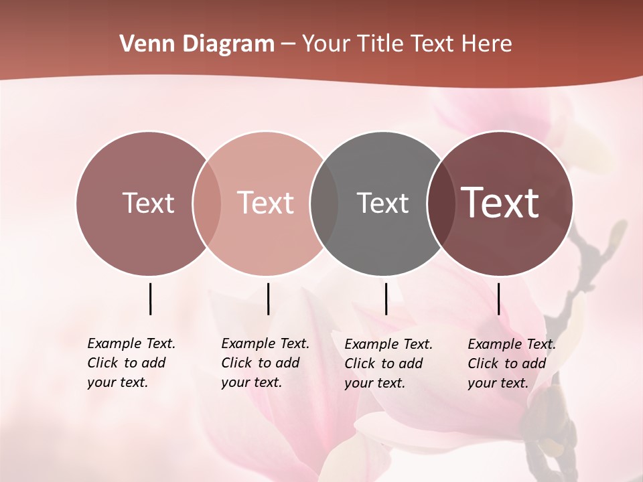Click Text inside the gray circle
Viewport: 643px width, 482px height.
pyautogui.click(x=382, y=203)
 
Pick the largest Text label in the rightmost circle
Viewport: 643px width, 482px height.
pyautogui.click(x=500, y=203)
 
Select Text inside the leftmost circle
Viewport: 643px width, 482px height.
pyautogui.click(x=148, y=203)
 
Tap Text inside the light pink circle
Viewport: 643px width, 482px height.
pyautogui.click(x=266, y=203)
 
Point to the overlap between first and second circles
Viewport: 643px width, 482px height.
pyautogui.click(x=206, y=203)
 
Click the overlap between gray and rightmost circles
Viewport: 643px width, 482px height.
pyautogui.click(x=440, y=203)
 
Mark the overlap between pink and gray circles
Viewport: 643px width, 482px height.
pyautogui.click(x=324, y=203)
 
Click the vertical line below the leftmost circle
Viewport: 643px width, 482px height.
pyautogui.click(x=150, y=299)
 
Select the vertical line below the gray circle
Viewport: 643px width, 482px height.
pyautogui.click(x=386, y=299)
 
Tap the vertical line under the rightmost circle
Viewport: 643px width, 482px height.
pyautogui.click(x=499, y=299)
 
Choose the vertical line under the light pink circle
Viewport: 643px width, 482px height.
pyautogui.click(x=268, y=299)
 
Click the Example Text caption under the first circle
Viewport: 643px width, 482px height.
pyautogui.click(x=131, y=363)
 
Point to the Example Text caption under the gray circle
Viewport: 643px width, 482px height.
pyautogui.click(x=388, y=364)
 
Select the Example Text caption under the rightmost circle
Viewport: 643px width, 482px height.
pyautogui.click(x=512, y=364)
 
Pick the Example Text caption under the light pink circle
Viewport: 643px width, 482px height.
pyautogui.click(x=265, y=363)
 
